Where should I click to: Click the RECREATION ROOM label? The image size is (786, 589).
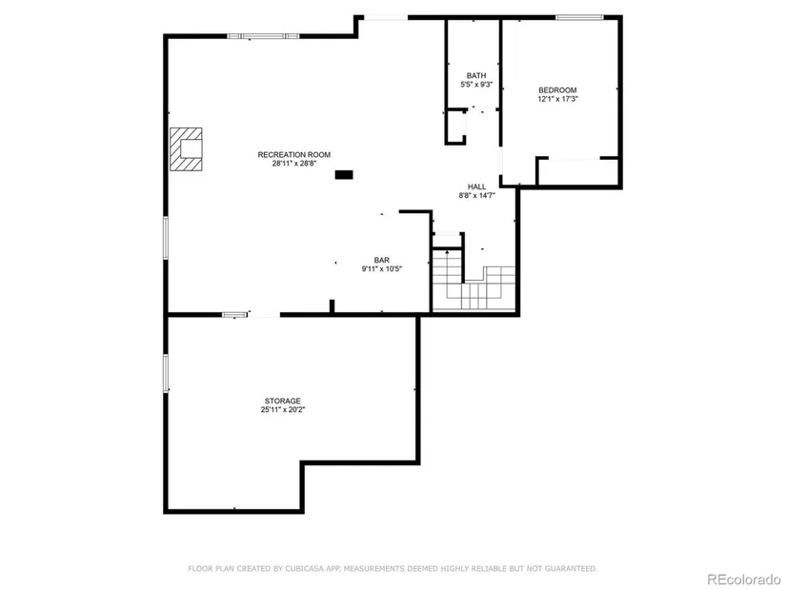[294, 155]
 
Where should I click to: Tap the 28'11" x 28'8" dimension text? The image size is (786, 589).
[294, 164]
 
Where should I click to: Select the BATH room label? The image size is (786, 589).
[476, 75]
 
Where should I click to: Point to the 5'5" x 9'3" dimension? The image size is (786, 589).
[476, 85]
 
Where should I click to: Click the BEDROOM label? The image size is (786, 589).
[557, 90]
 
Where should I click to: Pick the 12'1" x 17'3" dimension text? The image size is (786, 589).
[557, 99]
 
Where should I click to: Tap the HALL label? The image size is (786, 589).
[476, 187]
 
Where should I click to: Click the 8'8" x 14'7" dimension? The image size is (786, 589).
[476, 196]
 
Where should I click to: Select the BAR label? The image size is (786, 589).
[381, 260]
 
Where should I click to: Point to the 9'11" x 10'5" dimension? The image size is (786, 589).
[381, 269]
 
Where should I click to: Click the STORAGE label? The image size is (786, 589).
[283, 401]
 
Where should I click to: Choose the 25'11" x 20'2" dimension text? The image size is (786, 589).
[283, 410]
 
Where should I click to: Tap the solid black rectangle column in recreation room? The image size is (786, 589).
[344, 175]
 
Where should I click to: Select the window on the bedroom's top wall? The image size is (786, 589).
[579, 17]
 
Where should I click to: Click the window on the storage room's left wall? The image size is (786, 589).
[166, 372]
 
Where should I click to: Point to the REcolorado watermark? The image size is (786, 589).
[743, 579]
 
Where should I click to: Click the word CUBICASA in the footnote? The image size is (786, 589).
[303, 568]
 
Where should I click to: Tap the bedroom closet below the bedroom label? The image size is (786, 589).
[577, 172]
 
